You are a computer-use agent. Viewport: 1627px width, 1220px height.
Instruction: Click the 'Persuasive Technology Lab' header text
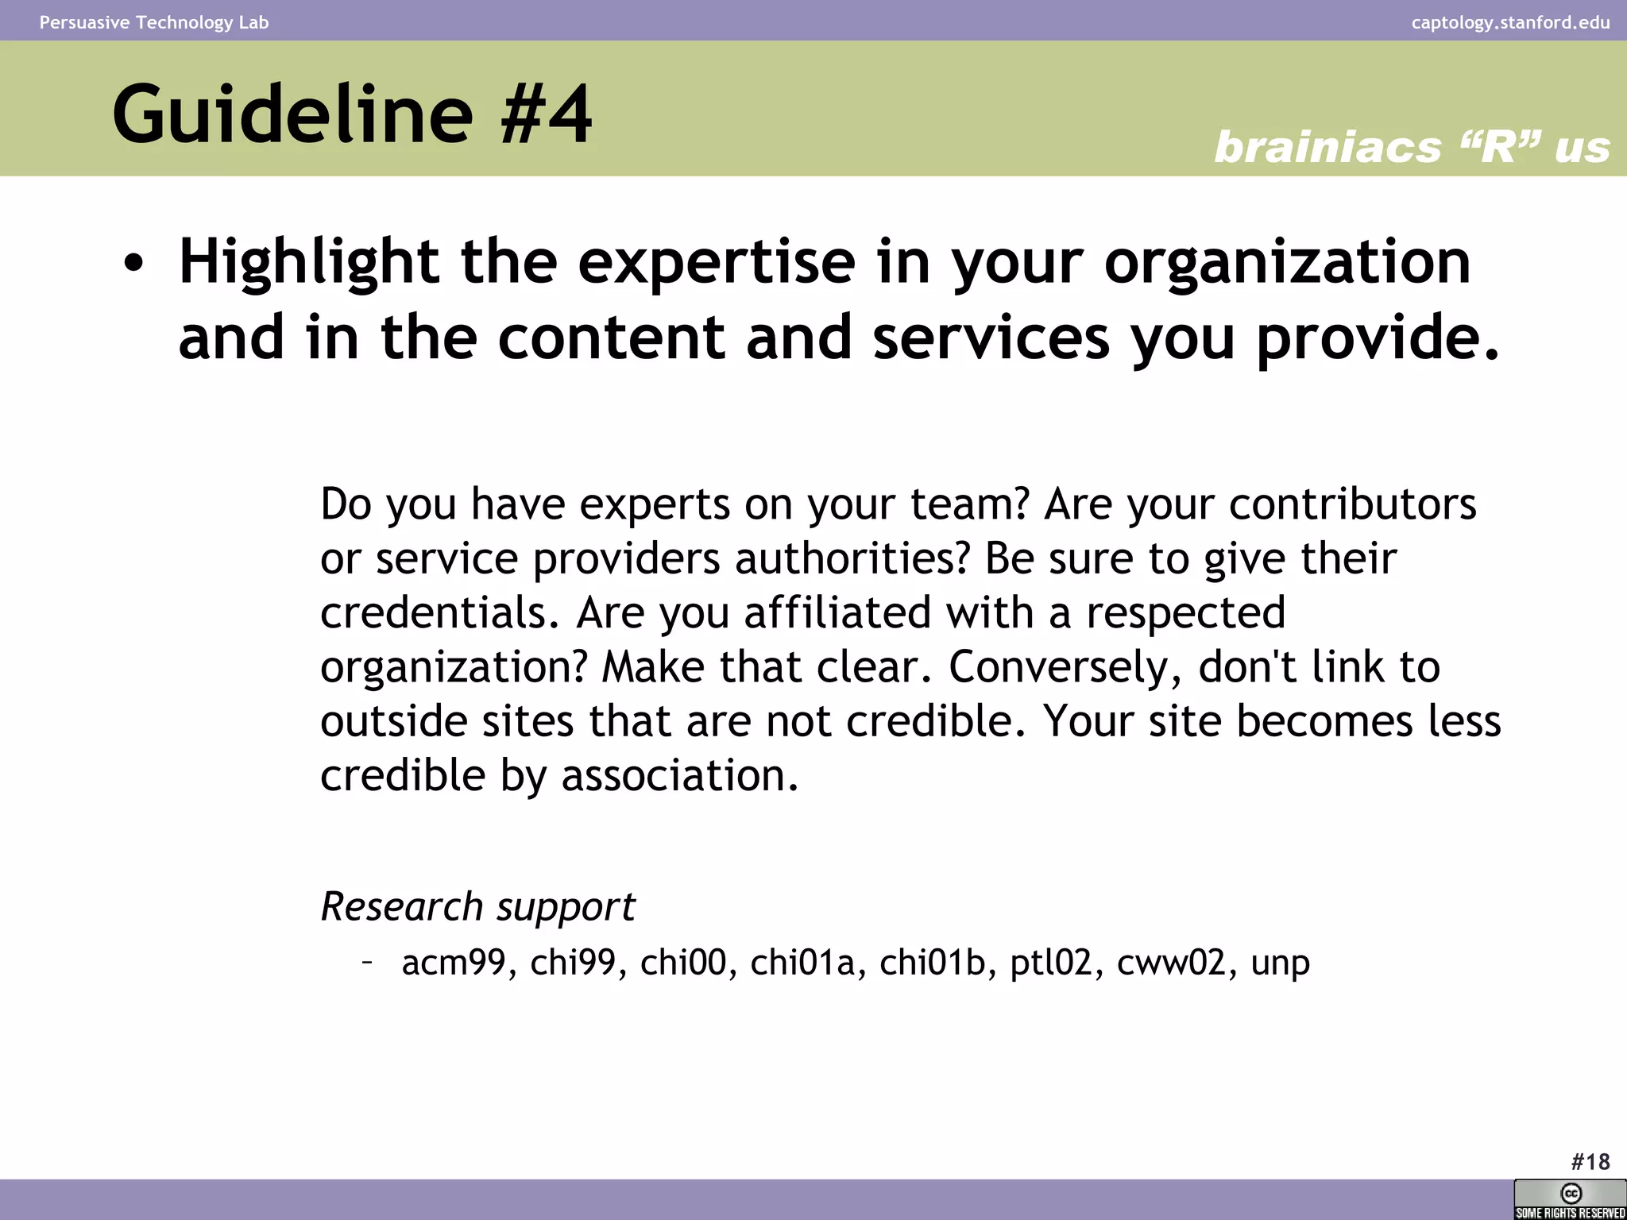pos(154,22)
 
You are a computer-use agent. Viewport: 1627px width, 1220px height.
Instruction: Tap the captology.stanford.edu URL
pos(1510,22)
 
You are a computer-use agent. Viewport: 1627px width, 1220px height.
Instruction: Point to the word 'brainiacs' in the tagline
pos(1327,148)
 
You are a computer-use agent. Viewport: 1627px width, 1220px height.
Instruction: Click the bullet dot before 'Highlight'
pos(134,265)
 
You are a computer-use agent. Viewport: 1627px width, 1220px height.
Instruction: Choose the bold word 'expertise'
pos(717,262)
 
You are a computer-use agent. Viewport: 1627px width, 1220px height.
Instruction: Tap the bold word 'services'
pos(991,338)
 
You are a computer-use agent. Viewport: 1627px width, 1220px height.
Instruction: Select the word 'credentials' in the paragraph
pos(439,613)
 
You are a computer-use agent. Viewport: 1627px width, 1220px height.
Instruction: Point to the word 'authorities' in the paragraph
pos(852,558)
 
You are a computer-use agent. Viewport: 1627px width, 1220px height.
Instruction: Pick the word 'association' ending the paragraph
pos(679,775)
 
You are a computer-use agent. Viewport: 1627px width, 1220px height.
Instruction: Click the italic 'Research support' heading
pos(477,907)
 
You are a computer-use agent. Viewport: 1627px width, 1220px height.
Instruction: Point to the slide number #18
pos(1590,1162)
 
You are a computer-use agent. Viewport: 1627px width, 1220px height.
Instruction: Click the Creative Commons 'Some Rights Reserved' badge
pos(1570,1199)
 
